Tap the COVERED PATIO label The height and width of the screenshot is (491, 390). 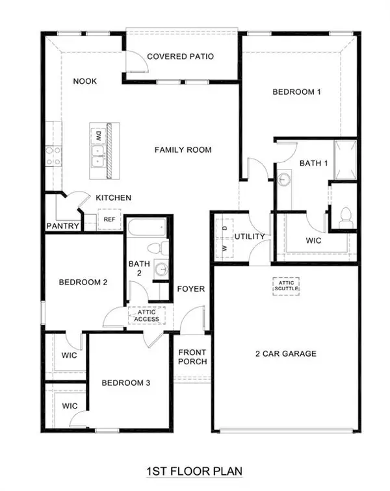point(180,57)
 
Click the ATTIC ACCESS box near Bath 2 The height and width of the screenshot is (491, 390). point(146,315)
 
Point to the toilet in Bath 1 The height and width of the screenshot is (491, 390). point(345,215)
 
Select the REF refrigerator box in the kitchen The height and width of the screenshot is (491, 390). point(109,220)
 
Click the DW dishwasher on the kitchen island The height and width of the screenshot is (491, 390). point(98,136)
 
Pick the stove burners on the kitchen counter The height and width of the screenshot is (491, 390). point(53,157)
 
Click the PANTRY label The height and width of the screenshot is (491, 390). point(63,227)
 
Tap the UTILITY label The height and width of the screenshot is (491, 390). point(250,236)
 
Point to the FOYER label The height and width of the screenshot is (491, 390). point(191,288)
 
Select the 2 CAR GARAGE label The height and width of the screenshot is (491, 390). point(286,354)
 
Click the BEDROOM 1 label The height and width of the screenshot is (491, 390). point(296,92)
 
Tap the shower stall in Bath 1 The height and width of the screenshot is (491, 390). point(345,158)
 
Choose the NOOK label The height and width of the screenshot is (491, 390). point(84,81)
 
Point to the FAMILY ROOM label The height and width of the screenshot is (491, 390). point(183,150)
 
